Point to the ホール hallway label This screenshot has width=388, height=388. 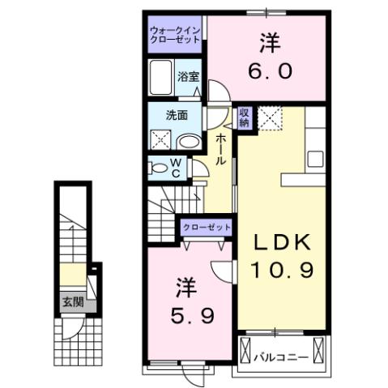[220, 149]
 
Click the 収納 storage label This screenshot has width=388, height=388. [245, 118]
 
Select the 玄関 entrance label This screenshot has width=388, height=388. [72, 304]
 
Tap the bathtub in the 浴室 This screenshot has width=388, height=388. [161, 79]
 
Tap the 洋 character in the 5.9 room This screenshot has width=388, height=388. [185, 288]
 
